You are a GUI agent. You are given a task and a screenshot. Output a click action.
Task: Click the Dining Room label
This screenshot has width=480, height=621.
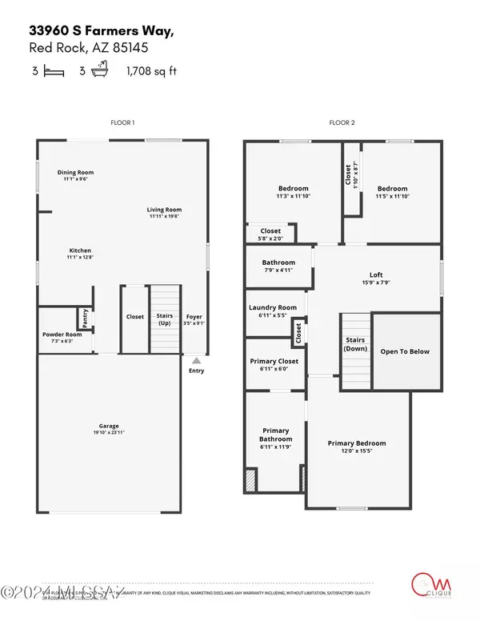pos(75,172)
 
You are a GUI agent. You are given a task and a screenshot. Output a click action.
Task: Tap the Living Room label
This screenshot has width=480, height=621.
pos(166,210)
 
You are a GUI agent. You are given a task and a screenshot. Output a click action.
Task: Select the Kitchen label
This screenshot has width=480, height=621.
pos(79,250)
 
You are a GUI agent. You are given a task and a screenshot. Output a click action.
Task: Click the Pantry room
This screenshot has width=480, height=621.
pos(83,318)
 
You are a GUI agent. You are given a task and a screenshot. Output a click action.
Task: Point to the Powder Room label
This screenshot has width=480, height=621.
pos(62,335)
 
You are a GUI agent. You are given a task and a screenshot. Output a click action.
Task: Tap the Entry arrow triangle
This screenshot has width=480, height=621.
pos(196,361)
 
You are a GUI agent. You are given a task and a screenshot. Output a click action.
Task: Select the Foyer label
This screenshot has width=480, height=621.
pos(194,317)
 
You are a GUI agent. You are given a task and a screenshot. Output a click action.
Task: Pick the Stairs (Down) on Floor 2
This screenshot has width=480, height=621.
pos(354,344)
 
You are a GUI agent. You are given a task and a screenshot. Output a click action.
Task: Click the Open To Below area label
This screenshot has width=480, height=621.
pos(405,351)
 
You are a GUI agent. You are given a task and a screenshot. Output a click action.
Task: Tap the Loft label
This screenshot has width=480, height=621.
pos(377,274)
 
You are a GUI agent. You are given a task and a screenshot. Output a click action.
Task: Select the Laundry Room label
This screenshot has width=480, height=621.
pos(273,307)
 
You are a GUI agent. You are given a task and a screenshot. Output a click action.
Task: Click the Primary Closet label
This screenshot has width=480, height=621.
pos(274,361)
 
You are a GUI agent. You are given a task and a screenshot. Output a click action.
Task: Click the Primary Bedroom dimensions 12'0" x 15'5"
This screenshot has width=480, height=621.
pos(356,451)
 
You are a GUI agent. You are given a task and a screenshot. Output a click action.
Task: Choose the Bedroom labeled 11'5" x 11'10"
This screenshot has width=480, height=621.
pos(392,193)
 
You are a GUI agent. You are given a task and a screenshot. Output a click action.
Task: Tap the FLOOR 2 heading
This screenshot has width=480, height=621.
pos(342,122)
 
